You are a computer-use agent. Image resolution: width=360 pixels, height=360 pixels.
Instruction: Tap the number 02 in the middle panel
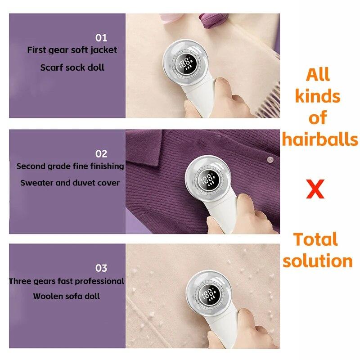coord(101,153)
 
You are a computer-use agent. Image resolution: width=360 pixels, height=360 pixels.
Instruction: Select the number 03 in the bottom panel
coord(101,268)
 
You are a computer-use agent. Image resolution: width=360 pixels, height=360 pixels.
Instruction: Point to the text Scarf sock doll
coord(72,67)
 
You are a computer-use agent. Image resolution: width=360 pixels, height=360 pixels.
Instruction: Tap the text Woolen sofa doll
coord(66,296)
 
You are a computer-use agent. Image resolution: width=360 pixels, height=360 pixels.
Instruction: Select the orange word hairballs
coord(319,139)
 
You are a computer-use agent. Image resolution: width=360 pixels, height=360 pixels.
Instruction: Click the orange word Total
coord(315,239)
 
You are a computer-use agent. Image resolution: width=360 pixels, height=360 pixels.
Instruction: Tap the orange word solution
coord(315,261)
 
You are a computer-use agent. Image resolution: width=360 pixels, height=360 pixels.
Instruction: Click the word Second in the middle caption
coord(31,166)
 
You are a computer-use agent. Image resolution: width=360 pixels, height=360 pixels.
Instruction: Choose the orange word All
coord(318,74)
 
